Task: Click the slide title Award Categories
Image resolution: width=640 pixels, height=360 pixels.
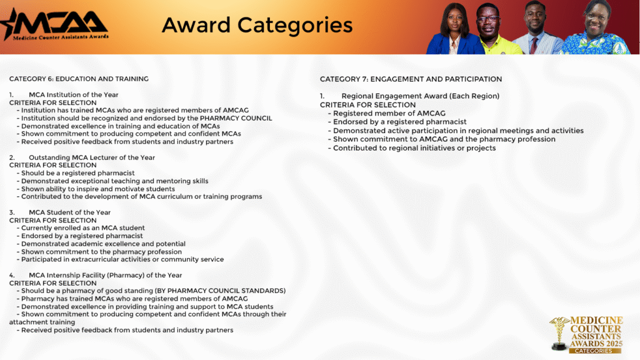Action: [257, 25]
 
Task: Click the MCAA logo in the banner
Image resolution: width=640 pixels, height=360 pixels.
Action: [55, 25]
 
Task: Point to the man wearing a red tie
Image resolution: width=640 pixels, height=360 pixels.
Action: [537, 29]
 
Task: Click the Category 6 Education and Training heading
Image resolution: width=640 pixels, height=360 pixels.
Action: [79, 79]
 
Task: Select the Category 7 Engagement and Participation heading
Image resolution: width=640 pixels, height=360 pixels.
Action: [411, 79]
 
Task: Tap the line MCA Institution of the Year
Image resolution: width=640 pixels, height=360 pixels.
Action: [74, 95]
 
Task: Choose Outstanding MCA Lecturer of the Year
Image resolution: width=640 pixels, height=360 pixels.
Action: [92, 157]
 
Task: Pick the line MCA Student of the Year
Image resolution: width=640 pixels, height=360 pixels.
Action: [70, 212]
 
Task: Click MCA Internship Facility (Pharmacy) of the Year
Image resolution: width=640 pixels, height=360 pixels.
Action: [105, 275]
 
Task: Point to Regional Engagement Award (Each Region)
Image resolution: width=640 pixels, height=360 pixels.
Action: [421, 96]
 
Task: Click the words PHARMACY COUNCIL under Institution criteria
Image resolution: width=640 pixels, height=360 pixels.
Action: [236, 118]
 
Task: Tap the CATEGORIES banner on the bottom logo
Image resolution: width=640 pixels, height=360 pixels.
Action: [594, 351]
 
